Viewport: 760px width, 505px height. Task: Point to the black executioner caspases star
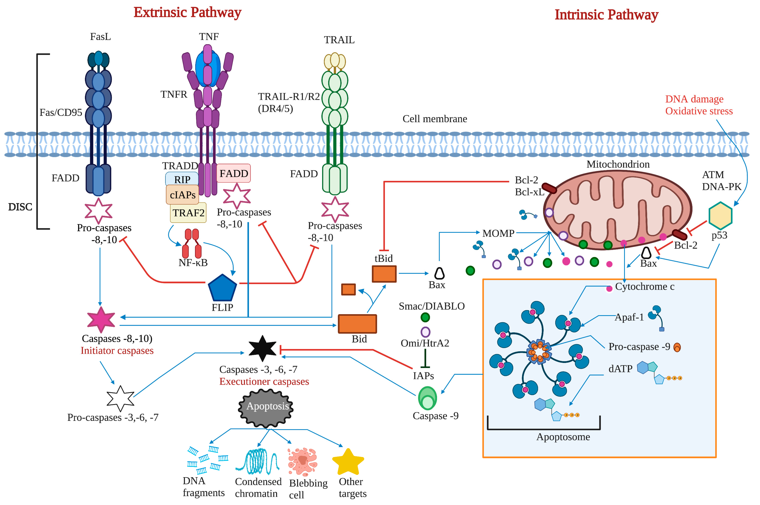point(262,349)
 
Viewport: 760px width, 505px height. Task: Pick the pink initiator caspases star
point(101,320)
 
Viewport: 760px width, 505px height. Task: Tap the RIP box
point(182,179)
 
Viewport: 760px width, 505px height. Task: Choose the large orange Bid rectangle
point(357,324)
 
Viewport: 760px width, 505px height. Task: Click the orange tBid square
point(384,274)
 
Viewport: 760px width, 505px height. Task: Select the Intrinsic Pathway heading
point(607,15)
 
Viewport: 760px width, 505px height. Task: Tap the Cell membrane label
point(435,119)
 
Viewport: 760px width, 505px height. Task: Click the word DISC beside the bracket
point(20,207)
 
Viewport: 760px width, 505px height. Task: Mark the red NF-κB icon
point(192,244)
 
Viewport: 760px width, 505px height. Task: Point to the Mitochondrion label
point(618,164)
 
